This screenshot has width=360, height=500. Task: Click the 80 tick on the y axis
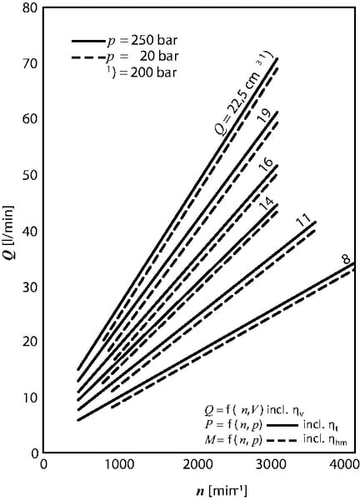pos(31,7)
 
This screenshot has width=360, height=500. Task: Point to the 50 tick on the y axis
pos(31,175)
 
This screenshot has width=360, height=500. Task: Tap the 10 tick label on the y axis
pos(31,397)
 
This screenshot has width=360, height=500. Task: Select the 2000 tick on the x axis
pos(197,464)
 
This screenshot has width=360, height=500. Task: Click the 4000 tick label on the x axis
pos(346,464)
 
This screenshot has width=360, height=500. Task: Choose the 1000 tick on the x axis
pos(120,464)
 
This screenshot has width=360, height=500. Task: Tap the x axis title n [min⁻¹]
pos(222,491)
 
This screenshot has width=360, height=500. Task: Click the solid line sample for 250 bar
pos(88,41)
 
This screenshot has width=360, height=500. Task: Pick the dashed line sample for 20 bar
pos(88,57)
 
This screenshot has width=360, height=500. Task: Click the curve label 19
pos(265,116)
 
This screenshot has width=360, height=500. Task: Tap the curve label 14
pos(267,204)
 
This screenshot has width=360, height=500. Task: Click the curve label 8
pos(346,259)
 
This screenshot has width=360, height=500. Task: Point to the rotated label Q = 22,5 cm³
pos(243,93)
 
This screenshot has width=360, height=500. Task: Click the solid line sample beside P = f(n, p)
pos(282,425)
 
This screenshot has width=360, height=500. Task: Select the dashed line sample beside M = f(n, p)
pos(282,440)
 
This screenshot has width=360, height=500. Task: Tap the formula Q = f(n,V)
pos(234,410)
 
